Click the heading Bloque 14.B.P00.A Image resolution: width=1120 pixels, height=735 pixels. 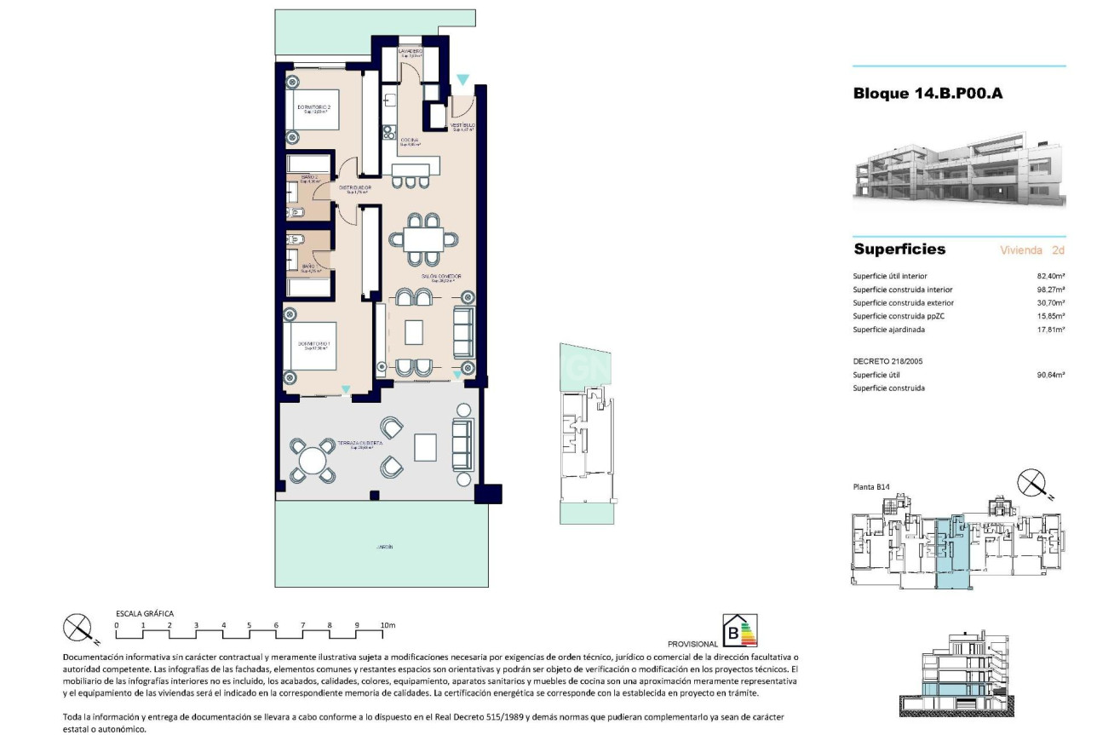coord(928,94)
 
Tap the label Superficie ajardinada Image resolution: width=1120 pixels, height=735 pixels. coord(888,330)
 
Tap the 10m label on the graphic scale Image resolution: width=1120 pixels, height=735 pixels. coord(388,625)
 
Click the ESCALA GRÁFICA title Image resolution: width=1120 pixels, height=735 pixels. coord(145,613)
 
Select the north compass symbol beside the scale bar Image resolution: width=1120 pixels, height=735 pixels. coord(78,629)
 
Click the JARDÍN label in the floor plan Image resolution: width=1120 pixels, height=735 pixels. coord(386,548)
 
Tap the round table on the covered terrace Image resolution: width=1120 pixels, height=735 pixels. coord(312,460)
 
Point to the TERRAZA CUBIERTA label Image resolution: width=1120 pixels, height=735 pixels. coord(359,444)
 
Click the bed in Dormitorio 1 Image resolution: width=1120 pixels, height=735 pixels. coord(310,346)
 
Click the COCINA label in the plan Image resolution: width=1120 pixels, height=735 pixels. coord(409,140)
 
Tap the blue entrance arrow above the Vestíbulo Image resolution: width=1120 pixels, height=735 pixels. coord(462,80)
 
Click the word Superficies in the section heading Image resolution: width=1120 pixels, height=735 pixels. coord(899,250)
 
